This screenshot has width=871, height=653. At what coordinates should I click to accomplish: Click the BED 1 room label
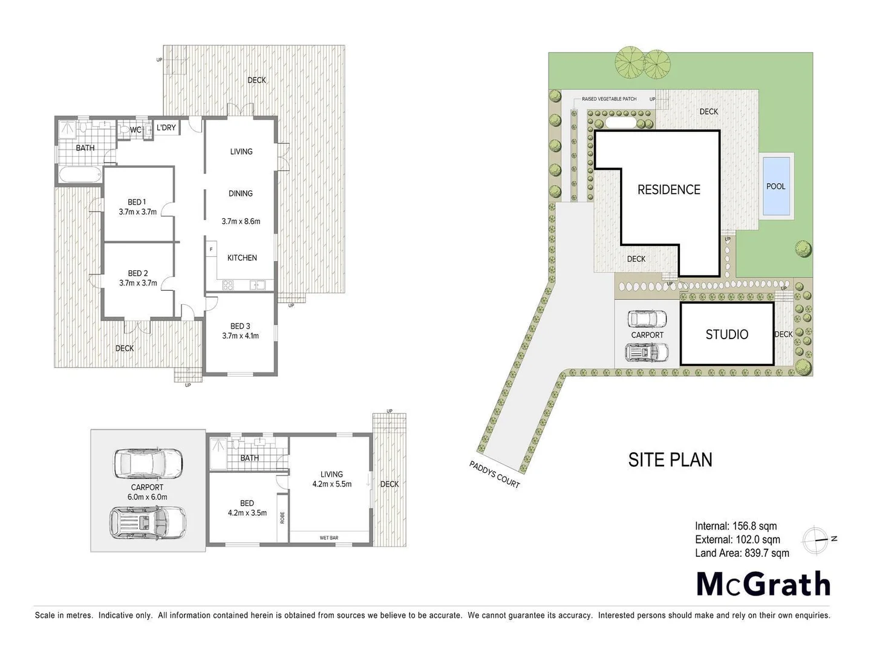pos(137,202)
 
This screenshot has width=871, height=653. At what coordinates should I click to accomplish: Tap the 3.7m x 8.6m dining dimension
pos(241,221)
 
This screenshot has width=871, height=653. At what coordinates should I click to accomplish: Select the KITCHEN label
pos(242,258)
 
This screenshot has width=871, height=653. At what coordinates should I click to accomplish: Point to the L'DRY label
pos(166,128)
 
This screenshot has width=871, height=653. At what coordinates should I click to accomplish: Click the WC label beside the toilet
pos(135,130)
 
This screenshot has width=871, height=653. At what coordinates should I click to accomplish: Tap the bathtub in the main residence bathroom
pos(80,176)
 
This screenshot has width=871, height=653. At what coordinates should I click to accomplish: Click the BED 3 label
pos(240,326)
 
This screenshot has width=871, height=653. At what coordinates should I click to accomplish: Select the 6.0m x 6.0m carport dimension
pos(147,497)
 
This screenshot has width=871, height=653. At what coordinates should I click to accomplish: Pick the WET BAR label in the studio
pos(329,538)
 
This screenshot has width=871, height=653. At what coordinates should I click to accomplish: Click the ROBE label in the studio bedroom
pos(282,518)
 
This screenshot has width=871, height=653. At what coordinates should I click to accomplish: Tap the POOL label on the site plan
pos(776,186)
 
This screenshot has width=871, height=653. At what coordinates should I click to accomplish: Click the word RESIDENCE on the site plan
pos(669,190)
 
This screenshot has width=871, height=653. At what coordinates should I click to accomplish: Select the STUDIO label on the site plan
pos(727,334)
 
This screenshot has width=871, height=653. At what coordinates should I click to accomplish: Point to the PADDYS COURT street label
pos(495,475)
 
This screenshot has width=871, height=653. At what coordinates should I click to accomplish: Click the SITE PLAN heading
pos(670,460)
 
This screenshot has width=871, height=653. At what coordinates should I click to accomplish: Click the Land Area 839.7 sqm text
pos(742,553)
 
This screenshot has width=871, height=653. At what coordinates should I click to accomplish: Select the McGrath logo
pos(763,584)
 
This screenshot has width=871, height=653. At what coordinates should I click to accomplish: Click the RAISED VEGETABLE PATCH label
pos(609,99)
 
